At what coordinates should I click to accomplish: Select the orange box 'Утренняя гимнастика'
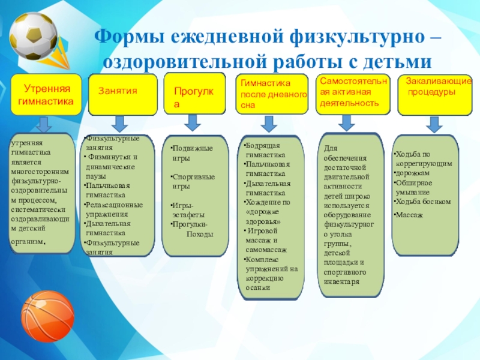click(x=47, y=95)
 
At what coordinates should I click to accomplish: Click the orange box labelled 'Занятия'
click(x=122, y=93)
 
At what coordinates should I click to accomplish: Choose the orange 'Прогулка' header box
click(x=194, y=93)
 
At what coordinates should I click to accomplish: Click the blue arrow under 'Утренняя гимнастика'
click(x=43, y=125)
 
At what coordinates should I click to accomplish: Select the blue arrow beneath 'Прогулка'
click(x=193, y=122)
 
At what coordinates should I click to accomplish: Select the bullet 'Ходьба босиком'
click(x=422, y=202)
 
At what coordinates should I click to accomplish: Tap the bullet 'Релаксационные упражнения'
click(x=115, y=209)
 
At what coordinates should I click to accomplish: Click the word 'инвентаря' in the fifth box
click(x=341, y=281)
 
